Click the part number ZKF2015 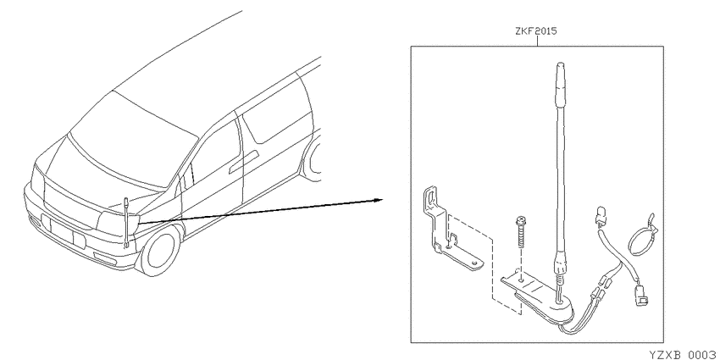[x=537, y=31]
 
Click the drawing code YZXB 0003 [x=683, y=354]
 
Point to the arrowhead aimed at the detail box [x=378, y=200]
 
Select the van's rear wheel [x=313, y=158]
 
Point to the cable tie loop [x=642, y=235]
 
